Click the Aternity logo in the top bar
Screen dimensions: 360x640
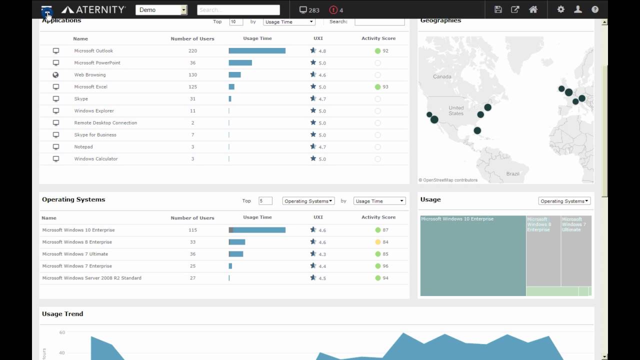click(93, 9)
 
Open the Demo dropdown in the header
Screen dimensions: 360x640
click(161, 9)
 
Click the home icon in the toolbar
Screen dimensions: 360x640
click(533, 9)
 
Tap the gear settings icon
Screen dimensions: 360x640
click(560, 9)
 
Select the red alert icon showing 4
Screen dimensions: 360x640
click(333, 9)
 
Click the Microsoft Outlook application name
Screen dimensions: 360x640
click(93, 51)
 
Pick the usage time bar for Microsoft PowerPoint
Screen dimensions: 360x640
click(240, 63)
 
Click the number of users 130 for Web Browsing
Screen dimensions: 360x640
click(192, 75)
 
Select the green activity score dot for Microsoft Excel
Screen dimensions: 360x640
click(377, 87)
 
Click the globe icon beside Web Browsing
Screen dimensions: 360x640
click(56, 75)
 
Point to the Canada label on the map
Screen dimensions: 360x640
click(442, 77)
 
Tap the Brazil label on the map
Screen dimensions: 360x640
click(512, 174)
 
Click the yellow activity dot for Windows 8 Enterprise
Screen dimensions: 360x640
click(378, 242)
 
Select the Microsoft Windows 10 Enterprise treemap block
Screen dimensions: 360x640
click(472, 255)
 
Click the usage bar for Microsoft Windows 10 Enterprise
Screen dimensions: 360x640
click(257, 230)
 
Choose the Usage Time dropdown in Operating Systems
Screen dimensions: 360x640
click(379, 201)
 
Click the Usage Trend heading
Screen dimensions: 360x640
click(62, 314)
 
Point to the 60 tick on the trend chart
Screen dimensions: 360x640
click(62, 332)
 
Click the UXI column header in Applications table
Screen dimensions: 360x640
click(318, 38)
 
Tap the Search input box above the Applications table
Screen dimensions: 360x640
click(379, 21)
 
